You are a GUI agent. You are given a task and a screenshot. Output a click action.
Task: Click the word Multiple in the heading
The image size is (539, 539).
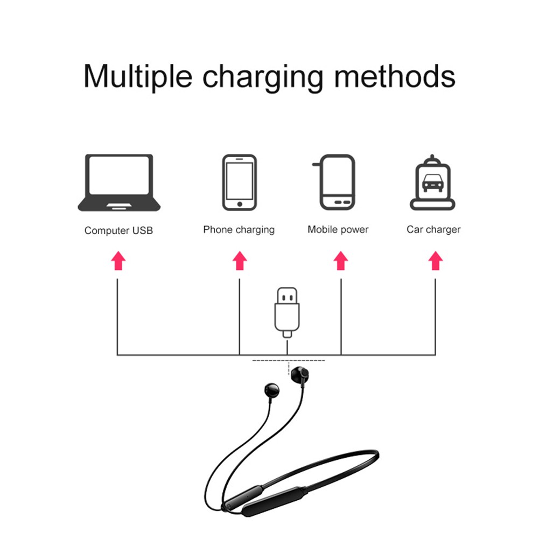pyautogui.click(x=137, y=76)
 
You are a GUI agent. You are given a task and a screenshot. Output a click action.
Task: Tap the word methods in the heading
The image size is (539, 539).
pyautogui.click(x=394, y=76)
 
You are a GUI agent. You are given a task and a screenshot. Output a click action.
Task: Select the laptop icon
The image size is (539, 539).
pyautogui.click(x=119, y=183)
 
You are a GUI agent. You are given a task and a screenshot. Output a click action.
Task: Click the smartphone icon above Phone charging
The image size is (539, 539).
pyautogui.click(x=239, y=183)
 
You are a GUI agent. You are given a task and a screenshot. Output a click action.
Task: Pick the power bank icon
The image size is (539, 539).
pyautogui.click(x=337, y=183)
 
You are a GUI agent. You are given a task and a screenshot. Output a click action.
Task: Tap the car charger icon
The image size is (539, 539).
pyautogui.click(x=433, y=183)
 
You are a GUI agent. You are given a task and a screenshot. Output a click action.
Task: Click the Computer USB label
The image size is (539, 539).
pyautogui.click(x=118, y=230)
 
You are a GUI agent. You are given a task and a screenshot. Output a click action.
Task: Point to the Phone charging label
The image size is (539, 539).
pyautogui.click(x=239, y=230)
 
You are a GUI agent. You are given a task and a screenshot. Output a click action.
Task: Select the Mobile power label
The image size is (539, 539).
pyautogui.click(x=338, y=229)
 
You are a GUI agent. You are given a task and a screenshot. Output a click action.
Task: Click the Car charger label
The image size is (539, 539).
pyautogui.click(x=433, y=229)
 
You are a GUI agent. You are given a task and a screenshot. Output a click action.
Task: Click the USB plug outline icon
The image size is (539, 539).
pyautogui.click(x=287, y=312)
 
